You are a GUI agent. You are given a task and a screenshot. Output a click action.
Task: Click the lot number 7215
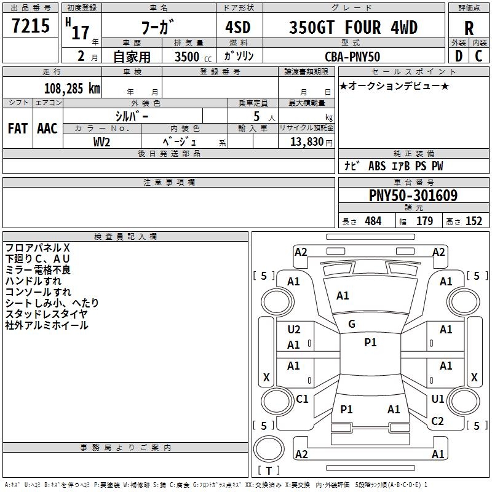point(31,26)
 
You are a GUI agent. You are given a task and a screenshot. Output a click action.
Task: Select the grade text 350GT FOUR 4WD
point(353,27)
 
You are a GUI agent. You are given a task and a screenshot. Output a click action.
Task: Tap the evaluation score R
point(469,28)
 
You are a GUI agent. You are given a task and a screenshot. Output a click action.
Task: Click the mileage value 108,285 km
point(72,88)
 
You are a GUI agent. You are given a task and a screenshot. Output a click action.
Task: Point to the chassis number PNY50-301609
point(413,196)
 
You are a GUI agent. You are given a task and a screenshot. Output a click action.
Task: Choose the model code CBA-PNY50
point(352,57)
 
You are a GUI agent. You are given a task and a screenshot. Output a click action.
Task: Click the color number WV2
point(101,142)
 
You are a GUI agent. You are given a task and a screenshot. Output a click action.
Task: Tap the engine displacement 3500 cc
point(193,57)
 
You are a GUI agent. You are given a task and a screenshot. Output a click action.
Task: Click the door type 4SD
point(238,27)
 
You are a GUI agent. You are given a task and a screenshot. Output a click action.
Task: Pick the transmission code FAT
point(18,129)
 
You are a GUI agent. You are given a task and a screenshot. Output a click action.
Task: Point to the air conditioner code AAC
point(47,129)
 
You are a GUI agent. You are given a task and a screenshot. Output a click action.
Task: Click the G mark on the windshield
point(352,324)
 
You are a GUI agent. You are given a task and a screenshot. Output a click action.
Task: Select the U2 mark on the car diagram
point(294,330)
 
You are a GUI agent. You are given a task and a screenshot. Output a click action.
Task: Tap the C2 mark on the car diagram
point(437,421)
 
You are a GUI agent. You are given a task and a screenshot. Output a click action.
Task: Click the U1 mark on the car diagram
point(437,399)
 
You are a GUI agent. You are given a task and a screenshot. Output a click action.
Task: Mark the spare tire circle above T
point(269,449)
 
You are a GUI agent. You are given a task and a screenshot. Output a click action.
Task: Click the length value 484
point(373,221)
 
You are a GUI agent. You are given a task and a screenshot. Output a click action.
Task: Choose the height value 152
point(474,221)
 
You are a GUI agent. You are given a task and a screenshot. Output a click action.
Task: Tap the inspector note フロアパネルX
point(38,248)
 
